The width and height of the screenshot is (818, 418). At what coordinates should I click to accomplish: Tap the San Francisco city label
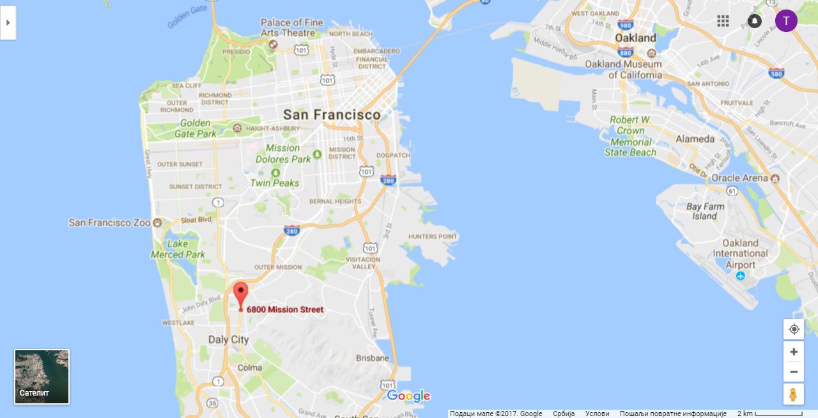pos(331,115)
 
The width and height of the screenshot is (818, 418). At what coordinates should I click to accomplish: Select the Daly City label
pos(228,340)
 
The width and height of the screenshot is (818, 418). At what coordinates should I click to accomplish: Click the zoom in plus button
pos(794,352)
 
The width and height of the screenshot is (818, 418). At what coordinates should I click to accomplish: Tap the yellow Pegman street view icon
pos(794,394)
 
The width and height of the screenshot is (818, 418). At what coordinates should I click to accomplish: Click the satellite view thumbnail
pos(42,376)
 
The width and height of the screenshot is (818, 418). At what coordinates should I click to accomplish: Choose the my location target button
pos(794,329)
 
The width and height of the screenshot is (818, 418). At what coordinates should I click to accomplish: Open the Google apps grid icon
pos(723,21)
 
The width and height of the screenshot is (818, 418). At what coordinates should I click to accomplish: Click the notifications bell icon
pos(755,21)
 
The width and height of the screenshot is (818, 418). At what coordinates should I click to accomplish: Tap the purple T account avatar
pos(786,20)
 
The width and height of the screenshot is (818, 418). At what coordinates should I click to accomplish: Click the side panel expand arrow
pos(8,22)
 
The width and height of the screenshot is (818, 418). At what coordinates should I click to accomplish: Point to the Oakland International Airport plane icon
pos(740,276)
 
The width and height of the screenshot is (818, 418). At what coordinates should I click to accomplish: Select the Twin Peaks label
pos(275,183)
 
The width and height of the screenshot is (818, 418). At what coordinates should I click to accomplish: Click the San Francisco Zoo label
pos(109,222)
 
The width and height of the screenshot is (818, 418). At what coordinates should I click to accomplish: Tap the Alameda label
pos(695,139)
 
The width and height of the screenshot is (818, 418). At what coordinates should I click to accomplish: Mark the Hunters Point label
pos(433,236)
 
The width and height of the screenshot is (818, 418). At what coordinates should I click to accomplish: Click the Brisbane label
pos(373,358)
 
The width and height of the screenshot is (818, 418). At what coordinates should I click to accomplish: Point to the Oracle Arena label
pos(739,178)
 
